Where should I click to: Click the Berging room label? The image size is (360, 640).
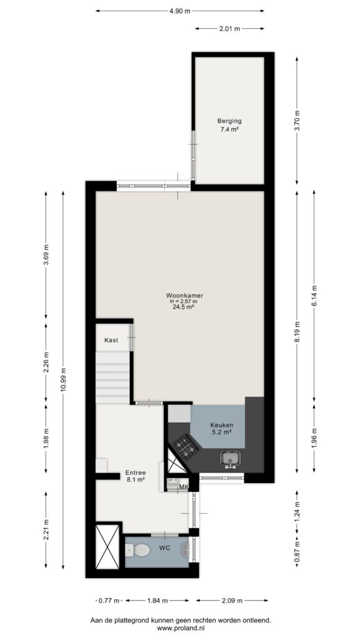229,121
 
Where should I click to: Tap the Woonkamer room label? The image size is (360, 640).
184,295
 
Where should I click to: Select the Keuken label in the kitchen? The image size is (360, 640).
222,425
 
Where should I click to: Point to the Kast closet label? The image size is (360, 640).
111,339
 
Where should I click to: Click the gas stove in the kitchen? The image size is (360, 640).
186,446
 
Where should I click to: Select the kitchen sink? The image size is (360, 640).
231,459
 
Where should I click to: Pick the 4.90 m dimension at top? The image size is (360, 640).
180,11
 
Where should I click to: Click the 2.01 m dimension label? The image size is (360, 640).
229,29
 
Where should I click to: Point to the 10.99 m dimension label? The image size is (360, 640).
63,379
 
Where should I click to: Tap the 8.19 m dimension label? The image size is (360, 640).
297,333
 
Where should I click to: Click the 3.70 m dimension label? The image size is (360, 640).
297,121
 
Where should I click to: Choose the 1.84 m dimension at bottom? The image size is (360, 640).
157,601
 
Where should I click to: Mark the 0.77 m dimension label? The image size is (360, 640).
109,601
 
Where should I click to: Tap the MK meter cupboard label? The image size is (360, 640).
184,486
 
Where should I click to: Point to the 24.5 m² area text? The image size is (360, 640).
183,307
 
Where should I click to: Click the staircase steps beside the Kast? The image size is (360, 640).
112,378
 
